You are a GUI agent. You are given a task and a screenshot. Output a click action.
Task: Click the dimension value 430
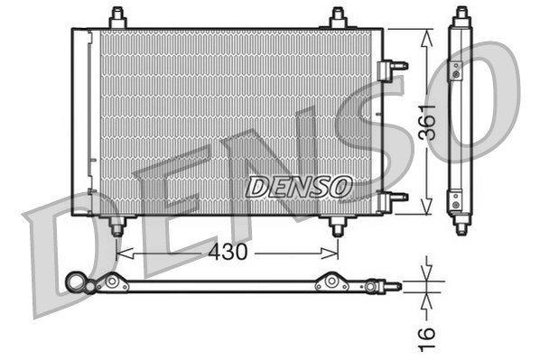228,253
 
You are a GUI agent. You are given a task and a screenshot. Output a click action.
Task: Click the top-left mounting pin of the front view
116,17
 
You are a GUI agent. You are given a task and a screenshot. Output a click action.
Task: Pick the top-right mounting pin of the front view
338,17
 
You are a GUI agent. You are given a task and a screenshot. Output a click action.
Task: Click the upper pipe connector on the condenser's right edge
394,66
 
